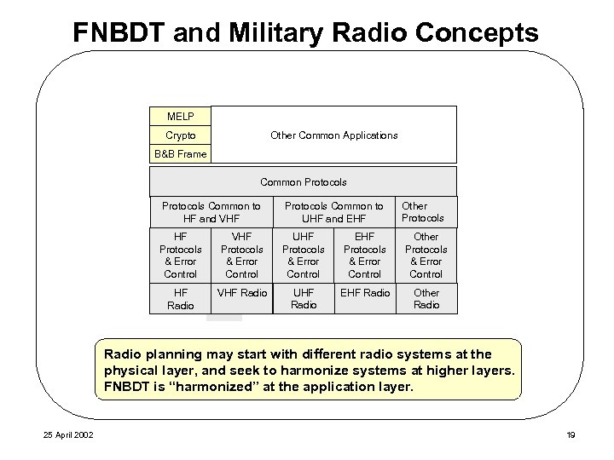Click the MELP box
coord(180,115)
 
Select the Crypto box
coord(180,135)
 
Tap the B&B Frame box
coord(180,154)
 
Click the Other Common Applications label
coord(333,135)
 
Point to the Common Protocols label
coord(303,182)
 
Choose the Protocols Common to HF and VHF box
coord(211,212)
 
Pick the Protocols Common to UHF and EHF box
coord(333,212)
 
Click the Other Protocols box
coord(426,212)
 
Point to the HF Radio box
coord(180,299)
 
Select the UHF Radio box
coord(303,299)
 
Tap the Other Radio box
coord(426,299)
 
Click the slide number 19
coord(570,436)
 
